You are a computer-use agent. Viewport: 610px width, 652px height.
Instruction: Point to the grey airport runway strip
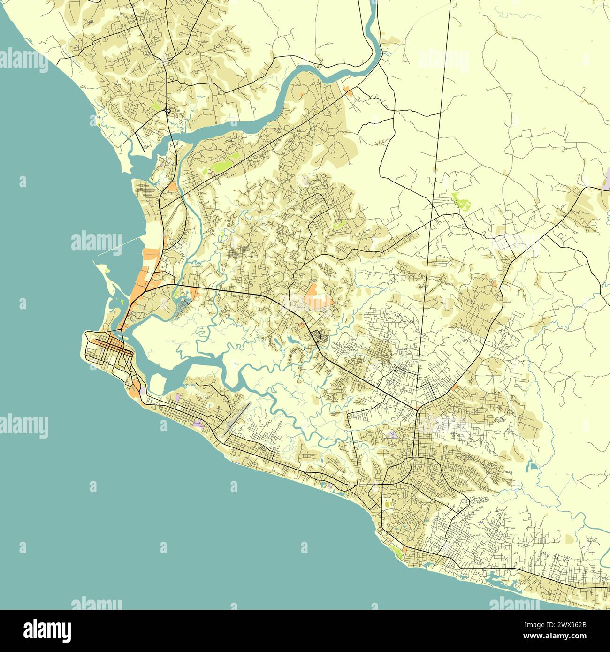click(x=237, y=417)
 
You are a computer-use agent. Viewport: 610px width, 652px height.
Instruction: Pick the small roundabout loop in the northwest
click(x=167, y=111)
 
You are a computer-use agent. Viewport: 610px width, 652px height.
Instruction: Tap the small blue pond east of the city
click(x=532, y=466)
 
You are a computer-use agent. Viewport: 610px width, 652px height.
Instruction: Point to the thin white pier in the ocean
click(x=120, y=246)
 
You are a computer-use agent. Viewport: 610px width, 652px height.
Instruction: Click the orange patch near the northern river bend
click(x=348, y=90)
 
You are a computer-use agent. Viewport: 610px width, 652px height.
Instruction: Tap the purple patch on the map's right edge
click(x=606, y=180)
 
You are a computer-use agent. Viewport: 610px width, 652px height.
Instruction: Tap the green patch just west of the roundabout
click(x=156, y=104)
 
